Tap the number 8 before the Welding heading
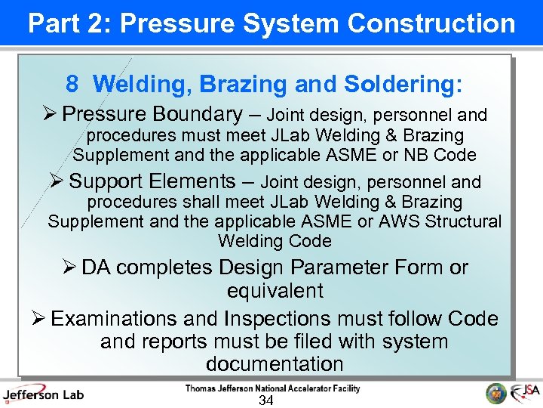[x=72, y=85]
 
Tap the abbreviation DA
[x=96, y=267]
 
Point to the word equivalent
[x=275, y=291]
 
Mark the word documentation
[x=275, y=363]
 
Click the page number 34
[x=265, y=400]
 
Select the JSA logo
[x=525, y=393]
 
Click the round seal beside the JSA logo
[x=496, y=394]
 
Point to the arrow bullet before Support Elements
[x=58, y=182]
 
